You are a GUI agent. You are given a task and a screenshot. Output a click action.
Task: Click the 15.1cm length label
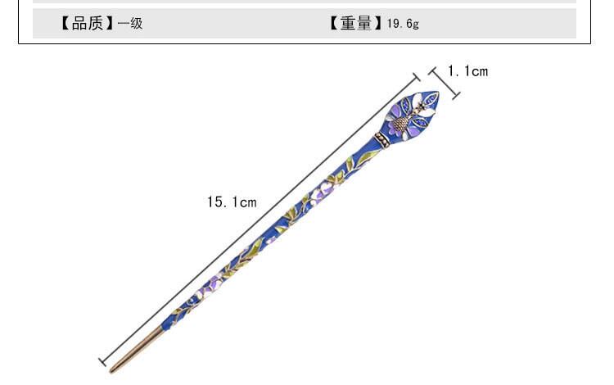tap(232, 202)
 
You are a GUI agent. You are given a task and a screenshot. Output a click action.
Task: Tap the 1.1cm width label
tap(468, 71)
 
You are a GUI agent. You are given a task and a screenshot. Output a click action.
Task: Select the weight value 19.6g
tap(403, 24)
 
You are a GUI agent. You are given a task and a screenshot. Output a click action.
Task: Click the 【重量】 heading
tap(355, 23)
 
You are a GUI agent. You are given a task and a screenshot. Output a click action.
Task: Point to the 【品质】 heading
tap(87, 23)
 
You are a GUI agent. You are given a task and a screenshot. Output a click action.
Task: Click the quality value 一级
tap(130, 23)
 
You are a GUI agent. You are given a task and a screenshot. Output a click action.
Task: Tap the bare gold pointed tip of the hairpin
tap(136, 349)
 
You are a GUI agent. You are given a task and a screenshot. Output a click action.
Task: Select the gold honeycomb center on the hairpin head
tap(400, 123)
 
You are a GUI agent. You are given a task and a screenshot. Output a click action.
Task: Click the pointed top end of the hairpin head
tap(438, 93)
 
